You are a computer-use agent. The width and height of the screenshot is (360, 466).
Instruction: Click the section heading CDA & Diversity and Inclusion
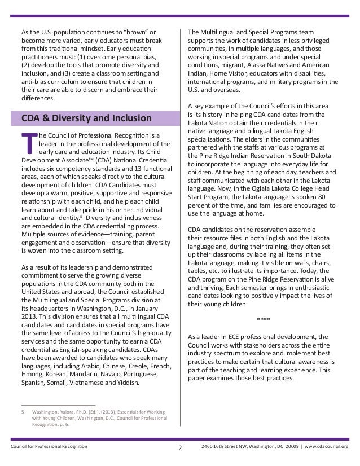86,118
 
